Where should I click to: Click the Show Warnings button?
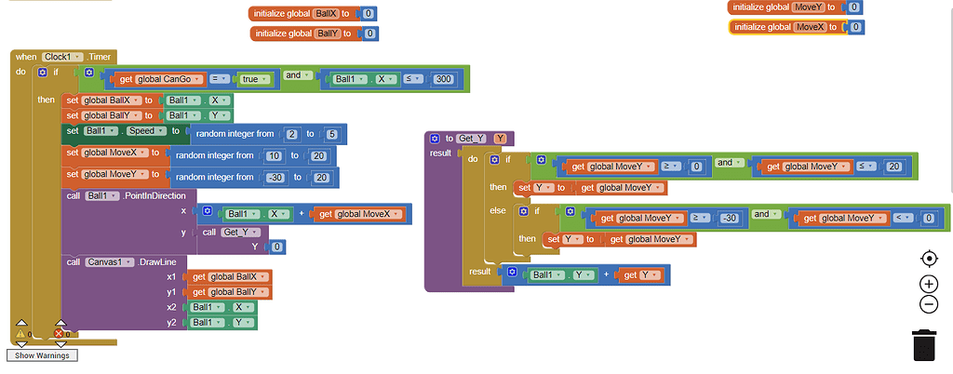[42, 355]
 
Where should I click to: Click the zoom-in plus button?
[928, 284]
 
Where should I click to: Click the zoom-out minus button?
[928, 304]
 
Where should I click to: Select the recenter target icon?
[928, 259]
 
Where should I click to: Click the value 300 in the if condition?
[443, 79]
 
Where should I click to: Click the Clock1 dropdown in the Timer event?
[62, 57]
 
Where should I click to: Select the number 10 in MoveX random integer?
[274, 155]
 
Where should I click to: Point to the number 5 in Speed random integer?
[332, 134]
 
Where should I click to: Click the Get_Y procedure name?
[472, 139]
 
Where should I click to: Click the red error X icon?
[60, 333]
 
